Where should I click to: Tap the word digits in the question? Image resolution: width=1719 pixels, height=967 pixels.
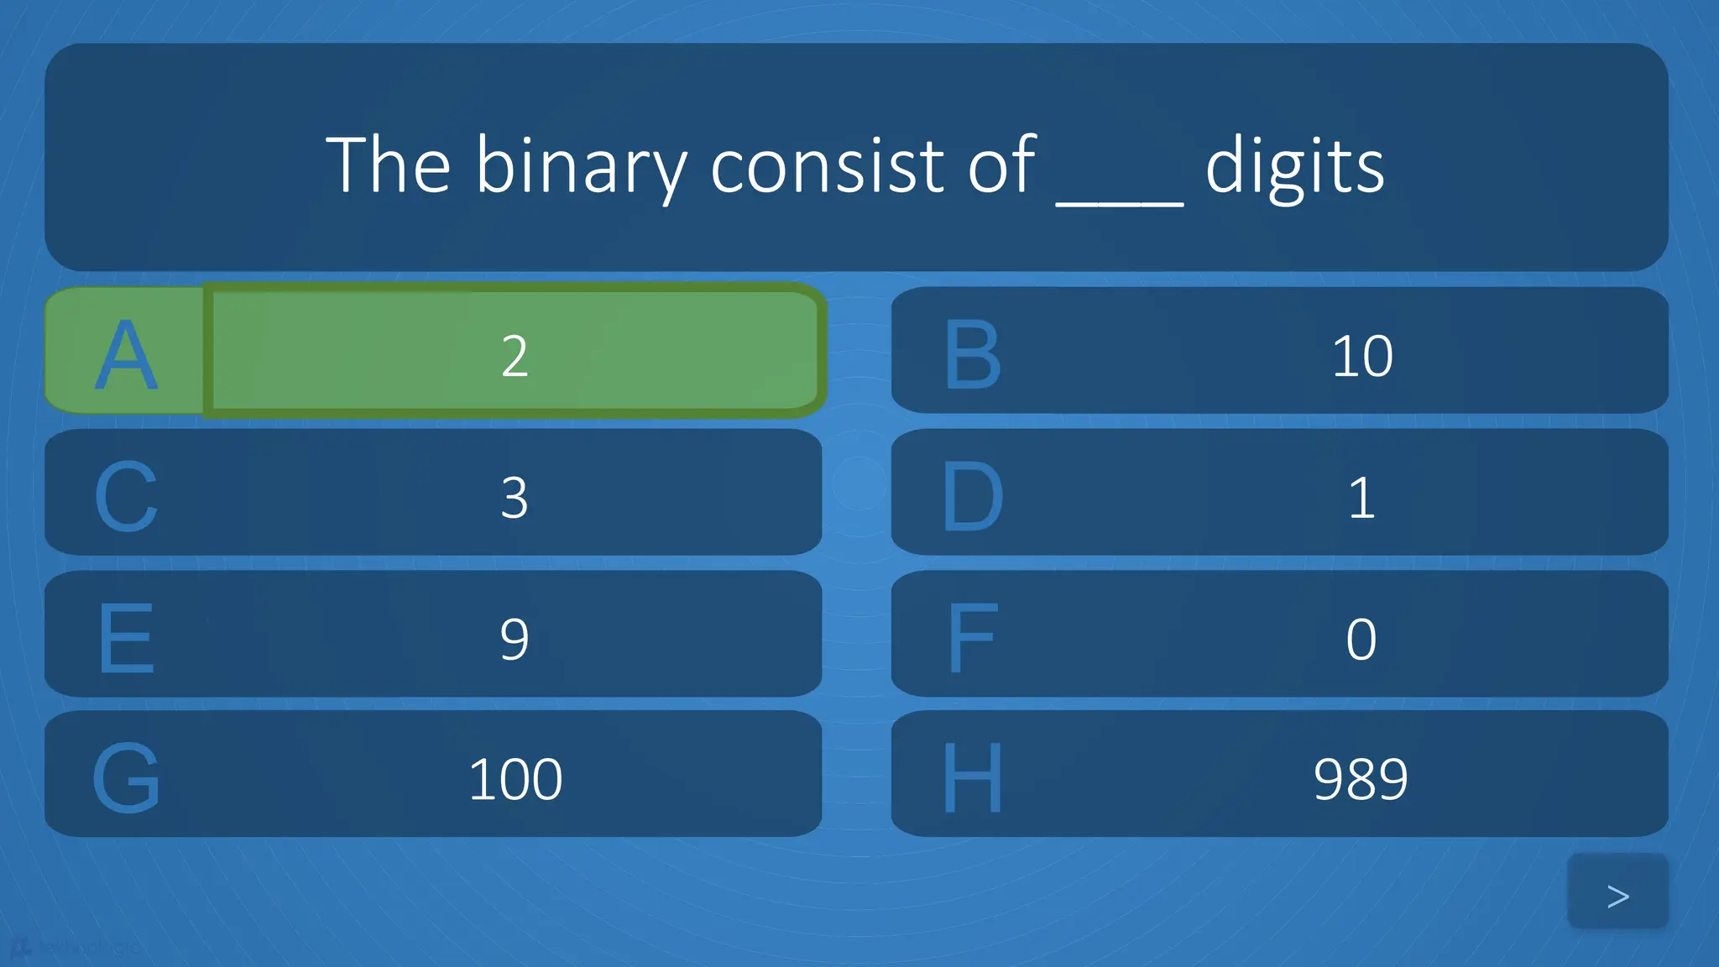[x=1294, y=165]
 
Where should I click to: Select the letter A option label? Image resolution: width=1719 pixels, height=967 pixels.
[x=126, y=355]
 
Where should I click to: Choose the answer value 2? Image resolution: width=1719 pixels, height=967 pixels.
[x=515, y=356]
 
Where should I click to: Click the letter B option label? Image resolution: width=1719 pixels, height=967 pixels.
[x=973, y=355]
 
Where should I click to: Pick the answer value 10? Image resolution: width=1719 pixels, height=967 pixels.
[x=1361, y=356]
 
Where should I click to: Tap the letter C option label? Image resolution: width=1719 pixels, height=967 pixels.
[x=126, y=497]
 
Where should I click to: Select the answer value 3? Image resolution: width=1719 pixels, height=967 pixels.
[x=515, y=498]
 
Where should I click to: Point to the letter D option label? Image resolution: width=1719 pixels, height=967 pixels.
[x=973, y=497]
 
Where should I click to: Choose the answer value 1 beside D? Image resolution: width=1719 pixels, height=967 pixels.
[x=1361, y=498]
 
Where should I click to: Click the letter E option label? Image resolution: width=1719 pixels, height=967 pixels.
[x=126, y=639]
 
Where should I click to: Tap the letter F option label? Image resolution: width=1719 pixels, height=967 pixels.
[x=973, y=639]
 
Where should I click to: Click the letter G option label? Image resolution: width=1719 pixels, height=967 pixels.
[x=126, y=778]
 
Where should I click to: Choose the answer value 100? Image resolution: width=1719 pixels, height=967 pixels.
[x=515, y=779]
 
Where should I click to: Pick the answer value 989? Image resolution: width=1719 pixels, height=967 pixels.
[x=1361, y=779]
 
